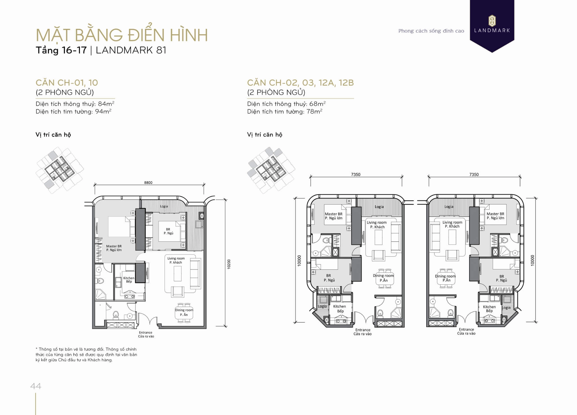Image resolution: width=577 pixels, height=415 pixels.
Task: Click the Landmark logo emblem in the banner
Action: click(x=492, y=21)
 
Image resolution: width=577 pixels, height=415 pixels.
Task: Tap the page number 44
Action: click(x=36, y=386)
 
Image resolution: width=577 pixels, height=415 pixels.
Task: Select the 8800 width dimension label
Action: click(x=148, y=183)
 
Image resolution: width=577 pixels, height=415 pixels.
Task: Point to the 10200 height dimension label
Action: click(x=229, y=264)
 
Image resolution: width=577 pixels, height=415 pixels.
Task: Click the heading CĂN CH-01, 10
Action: click(x=67, y=83)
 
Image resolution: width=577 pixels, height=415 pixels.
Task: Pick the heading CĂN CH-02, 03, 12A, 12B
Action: click(x=300, y=83)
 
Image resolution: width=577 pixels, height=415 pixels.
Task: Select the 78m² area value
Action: click(x=314, y=111)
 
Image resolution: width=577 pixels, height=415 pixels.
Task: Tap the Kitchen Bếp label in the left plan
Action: click(x=129, y=280)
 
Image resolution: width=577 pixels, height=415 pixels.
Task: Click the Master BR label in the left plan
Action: click(x=114, y=248)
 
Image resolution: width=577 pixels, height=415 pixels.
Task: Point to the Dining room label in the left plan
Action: click(x=184, y=312)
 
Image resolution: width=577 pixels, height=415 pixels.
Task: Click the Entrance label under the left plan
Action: click(x=146, y=334)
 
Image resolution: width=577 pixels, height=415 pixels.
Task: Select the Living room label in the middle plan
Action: click(x=377, y=224)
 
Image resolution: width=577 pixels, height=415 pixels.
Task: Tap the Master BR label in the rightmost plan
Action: click(x=495, y=216)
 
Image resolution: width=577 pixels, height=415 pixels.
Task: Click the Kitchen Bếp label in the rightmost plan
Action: click(x=489, y=308)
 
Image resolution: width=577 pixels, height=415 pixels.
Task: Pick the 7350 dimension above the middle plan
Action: click(x=356, y=174)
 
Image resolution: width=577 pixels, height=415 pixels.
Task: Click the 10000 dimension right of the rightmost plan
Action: click(x=532, y=260)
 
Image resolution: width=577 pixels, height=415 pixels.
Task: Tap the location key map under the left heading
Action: click(x=60, y=170)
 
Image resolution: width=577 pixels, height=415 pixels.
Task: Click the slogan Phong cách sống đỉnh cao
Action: click(x=431, y=31)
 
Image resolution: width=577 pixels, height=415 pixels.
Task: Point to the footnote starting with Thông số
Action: click(x=86, y=355)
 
